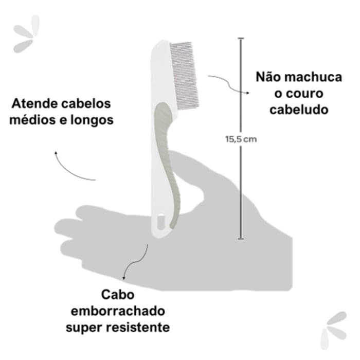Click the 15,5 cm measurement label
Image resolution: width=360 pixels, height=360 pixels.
click(241, 139)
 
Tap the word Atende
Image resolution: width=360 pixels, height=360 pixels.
click(34, 103)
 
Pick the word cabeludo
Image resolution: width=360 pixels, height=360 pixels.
click(299, 110)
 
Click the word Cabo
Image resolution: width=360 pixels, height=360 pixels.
click(118, 295)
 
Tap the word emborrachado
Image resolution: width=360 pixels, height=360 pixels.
click(118, 311)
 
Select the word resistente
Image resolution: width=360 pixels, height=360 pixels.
click(138, 328)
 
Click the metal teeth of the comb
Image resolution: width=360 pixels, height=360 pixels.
click(185, 76)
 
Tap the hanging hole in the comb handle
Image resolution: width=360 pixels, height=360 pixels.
click(160, 222)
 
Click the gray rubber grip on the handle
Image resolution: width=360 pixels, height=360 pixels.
click(168, 160)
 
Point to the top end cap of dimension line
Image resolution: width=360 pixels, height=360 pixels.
click(241, 39)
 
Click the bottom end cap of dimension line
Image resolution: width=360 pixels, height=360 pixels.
click(241, 239)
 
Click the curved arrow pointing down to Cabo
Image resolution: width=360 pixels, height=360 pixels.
click(134, 264)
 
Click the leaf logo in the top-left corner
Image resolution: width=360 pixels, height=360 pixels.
click(26, 34)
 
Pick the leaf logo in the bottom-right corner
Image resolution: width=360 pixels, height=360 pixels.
click(334, 330)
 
